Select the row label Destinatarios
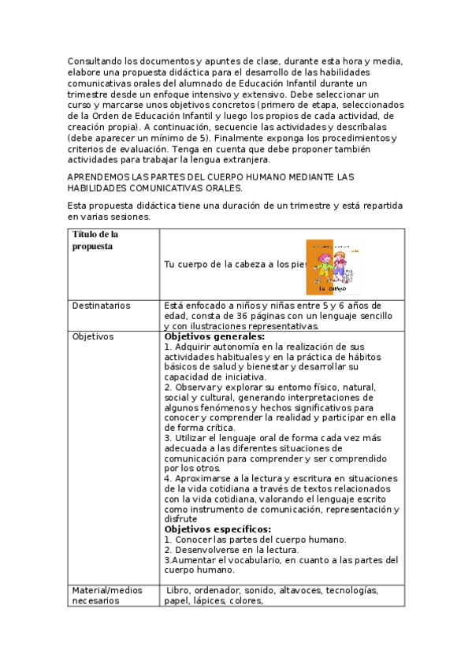pyautogui.click(x=102, y=306)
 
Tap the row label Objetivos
pyautogui.click(x=92, y=336)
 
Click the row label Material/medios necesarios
pyautogui.click(x=106, y=595)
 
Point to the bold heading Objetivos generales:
pyautogui.click(x=214, y=336)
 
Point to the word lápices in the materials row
pyautogui.click(x=206, y=600)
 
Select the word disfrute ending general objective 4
pyautogui.click(x=180, y=519)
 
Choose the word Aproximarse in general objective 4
pyautogui.click(x=200, y=478)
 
